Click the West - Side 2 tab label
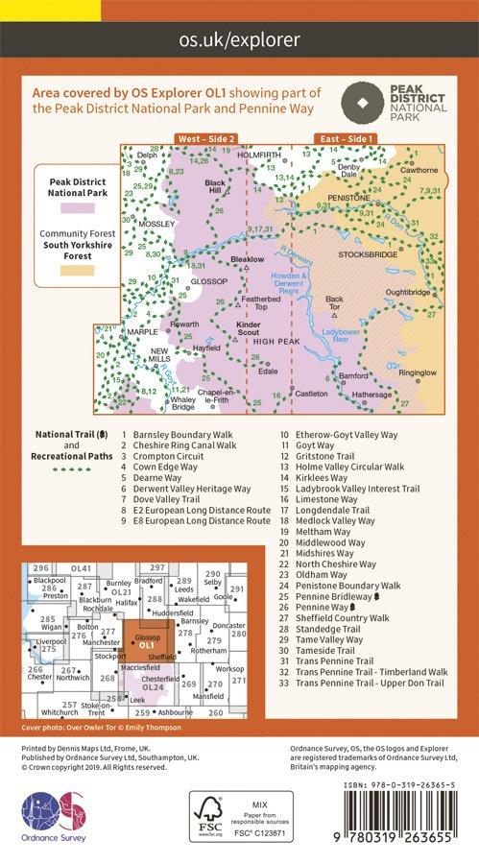click(207, 140)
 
